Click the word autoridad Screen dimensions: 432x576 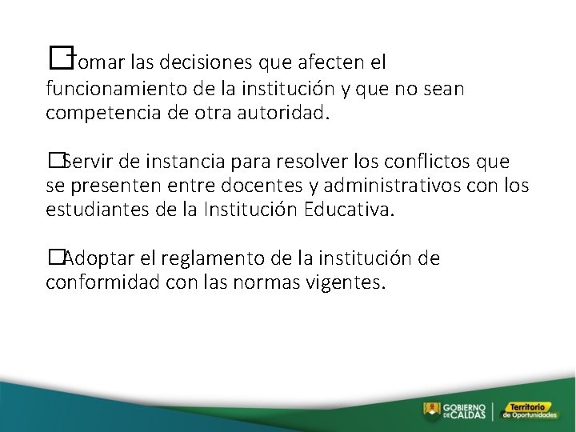tap(286, 114)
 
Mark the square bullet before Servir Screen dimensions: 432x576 tap(55, 161)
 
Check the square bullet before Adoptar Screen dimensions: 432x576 tap(55, 258)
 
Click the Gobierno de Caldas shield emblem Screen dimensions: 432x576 tap(432, 410)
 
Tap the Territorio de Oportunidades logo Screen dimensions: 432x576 tap(532, 410)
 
